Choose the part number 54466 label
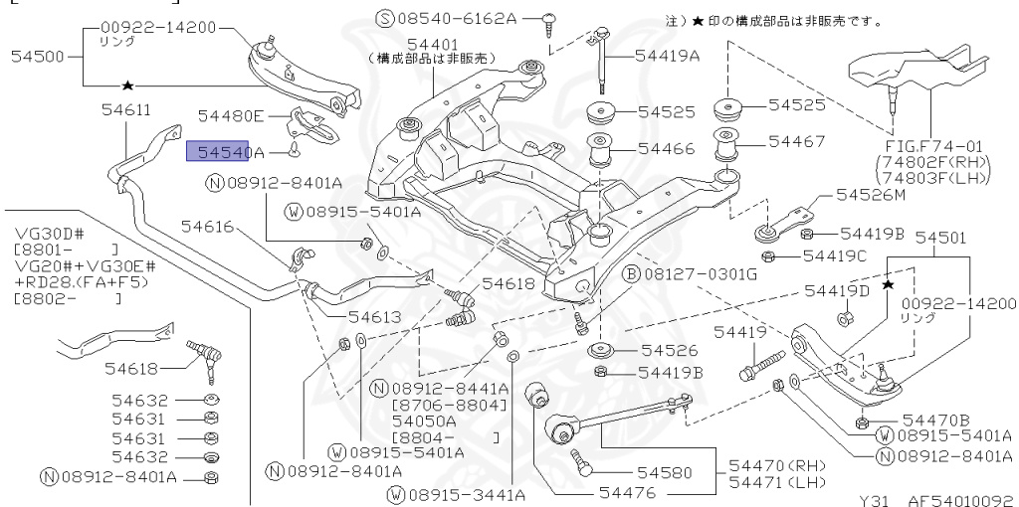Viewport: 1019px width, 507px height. [x=667, y=149]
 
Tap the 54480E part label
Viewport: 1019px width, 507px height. [x=232, y=116]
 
